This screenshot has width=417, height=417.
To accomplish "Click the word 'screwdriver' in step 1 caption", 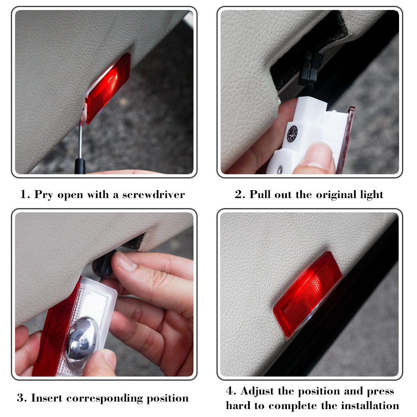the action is tap(153, 195).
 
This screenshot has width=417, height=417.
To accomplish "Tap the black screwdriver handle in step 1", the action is tap(80, 166).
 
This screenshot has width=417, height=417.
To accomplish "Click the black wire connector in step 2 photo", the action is tap(310, 70).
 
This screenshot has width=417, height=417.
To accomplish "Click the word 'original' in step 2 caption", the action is tap(337, 195).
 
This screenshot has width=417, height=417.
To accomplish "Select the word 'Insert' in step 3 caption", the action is tap(47, 398).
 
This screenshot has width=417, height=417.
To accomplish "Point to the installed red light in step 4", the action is tap(307, 294).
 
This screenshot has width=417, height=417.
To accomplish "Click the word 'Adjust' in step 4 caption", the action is tap(257, 392).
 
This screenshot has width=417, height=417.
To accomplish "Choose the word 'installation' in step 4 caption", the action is tap(370, 406).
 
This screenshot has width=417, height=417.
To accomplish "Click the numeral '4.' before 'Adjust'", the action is tap(231, 391).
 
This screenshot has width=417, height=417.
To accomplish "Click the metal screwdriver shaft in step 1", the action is tap(80, 141).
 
